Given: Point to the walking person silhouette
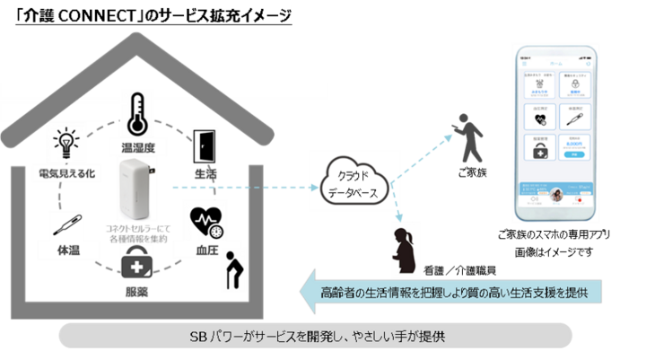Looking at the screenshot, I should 467,137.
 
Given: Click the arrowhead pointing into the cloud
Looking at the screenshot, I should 323,188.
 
